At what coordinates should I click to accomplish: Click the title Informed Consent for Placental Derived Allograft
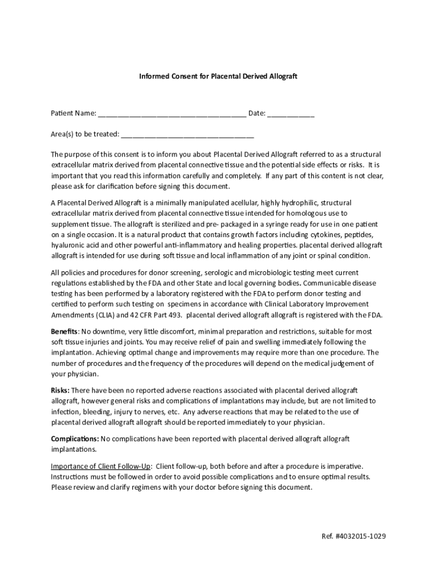click(218, 75)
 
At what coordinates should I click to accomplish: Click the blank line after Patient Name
click(172, 115)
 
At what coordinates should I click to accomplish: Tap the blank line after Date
click(291, 115)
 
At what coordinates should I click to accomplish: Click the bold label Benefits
click(64, 331)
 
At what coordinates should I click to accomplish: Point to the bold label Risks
click(60, 390)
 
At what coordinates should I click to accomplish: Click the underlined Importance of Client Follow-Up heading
click(101, 466)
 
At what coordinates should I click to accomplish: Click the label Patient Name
click(73, 113)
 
